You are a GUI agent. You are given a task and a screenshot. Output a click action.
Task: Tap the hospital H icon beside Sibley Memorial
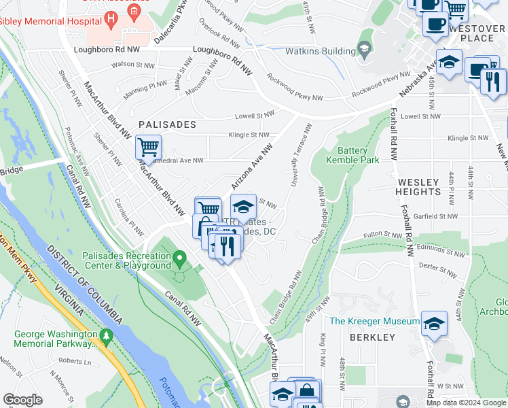(x=134, y=11)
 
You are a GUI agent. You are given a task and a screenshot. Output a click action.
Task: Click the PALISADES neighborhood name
(x=167, y=124)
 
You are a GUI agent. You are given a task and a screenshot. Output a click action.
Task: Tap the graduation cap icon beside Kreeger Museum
(x=434, y=323)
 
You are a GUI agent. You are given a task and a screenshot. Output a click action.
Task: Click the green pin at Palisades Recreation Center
(x=180, y=259)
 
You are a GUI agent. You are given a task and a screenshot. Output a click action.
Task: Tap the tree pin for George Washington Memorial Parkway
(x=105, y=336)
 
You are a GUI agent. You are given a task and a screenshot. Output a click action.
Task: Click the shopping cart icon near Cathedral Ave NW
(x=147, y=146)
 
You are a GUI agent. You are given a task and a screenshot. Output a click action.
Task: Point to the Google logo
(x=22, y=399)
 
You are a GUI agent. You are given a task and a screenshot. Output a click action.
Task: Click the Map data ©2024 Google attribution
(x=466, y=403)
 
